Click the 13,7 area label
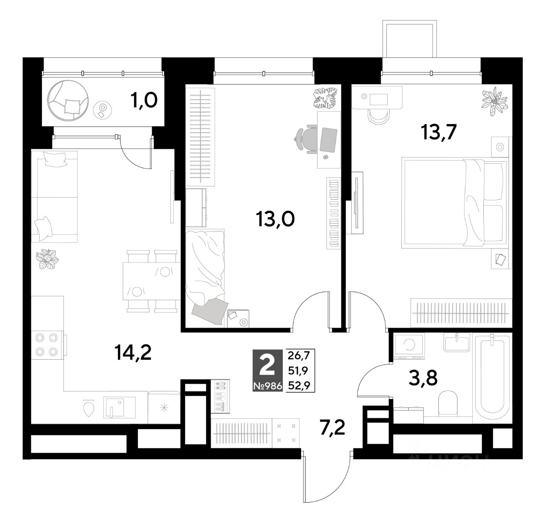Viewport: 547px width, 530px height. point(438,132)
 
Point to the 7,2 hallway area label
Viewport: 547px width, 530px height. point(332,427)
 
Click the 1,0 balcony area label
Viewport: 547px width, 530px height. point(144,101)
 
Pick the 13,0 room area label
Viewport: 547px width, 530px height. point(275,219)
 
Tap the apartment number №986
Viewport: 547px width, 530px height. point(268,386)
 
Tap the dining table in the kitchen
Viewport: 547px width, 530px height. point(151,281)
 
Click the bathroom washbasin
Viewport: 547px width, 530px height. point(457,342)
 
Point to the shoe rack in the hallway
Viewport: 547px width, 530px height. point(220,397)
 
